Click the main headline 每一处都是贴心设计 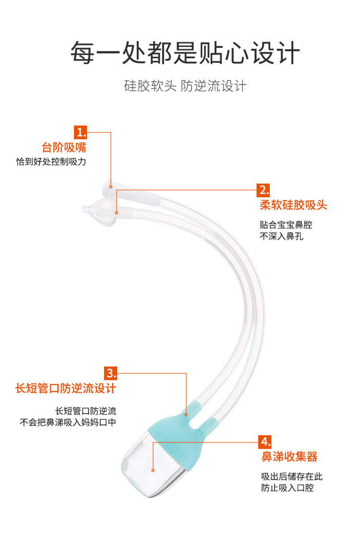(x=185, y=53)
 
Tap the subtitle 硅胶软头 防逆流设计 (x=185, y=86)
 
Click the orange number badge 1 (x=80, y=132)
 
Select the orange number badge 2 (x=264, y=190)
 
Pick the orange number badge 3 (x=111, y=373)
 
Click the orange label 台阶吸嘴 (x=64, y=147)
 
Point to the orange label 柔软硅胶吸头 (x=293, y=205)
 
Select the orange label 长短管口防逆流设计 (x=66, y=388)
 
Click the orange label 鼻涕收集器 (x=289, y=456)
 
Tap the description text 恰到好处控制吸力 (x=51, y=162)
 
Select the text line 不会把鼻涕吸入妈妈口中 (x=68, y=422)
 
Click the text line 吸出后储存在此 (x=292, y=476)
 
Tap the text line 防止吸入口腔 (x=288, y=488)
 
